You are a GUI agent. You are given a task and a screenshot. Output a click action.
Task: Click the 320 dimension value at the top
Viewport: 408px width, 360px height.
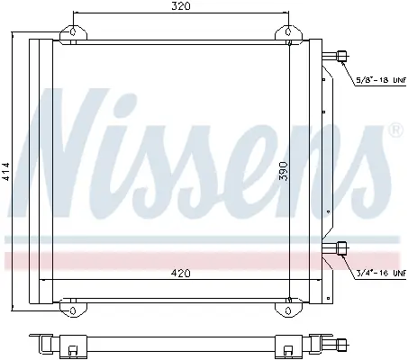coord(181,6)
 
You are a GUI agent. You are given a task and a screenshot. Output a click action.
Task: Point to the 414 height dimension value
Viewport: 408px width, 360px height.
coord(6,172)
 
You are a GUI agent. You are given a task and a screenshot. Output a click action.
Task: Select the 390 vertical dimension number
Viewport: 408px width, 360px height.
coord(283,171)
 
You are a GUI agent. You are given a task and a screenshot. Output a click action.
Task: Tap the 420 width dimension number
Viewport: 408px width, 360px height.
coord(181,274)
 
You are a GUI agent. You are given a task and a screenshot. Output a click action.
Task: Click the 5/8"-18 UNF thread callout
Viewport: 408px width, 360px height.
coord(381,80)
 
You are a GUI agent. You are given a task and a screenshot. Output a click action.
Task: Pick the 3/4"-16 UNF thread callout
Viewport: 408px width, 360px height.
coord(381,273)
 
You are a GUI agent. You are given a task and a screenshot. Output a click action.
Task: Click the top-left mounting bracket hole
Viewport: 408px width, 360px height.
coord(73,31)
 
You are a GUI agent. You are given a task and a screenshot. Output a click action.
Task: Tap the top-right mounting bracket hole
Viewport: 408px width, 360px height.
coord(288,31)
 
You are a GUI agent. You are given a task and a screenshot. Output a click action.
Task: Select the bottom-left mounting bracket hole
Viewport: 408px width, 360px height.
coord(73,310)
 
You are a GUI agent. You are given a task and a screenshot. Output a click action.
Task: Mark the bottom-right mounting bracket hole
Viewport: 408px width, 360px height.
coord(288,310)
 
